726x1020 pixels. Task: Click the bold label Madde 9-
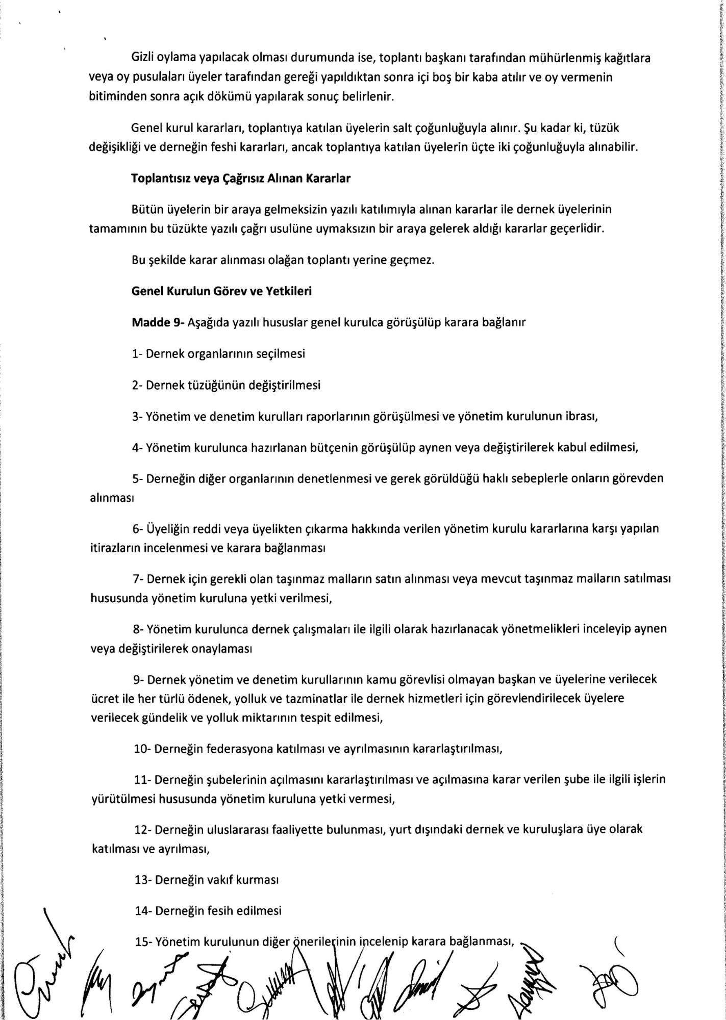(158, 322)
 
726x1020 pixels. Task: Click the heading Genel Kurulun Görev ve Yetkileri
(221, 291)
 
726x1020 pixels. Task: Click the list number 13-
(142, 880)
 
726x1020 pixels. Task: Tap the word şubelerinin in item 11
(239, 780)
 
